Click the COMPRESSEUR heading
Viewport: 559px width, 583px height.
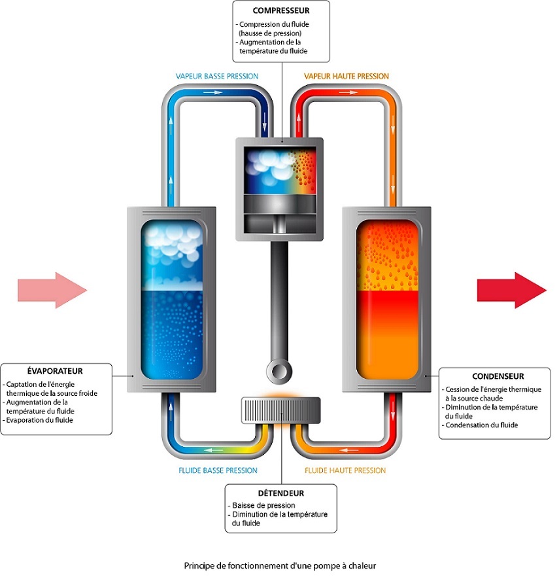280,10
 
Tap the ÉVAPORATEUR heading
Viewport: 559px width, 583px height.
55,371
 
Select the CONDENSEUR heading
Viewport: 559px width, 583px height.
498,376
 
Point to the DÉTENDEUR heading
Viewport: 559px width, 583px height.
280,493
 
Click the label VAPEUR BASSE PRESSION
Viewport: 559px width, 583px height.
217,76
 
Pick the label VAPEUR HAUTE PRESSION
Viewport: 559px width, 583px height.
346,76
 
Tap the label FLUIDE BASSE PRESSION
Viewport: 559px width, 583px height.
218,470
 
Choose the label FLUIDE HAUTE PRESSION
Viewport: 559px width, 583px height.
345,470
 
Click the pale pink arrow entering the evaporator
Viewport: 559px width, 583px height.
52,291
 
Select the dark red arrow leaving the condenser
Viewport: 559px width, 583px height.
512,291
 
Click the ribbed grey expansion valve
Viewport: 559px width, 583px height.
280,410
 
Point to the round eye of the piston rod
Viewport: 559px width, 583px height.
279,371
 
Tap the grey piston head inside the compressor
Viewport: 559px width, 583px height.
280,203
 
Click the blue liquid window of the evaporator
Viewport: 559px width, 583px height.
172,299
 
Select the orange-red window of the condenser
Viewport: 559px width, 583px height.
388,299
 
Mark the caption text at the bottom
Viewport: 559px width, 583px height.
280,566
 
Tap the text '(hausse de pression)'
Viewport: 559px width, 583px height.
270,33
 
